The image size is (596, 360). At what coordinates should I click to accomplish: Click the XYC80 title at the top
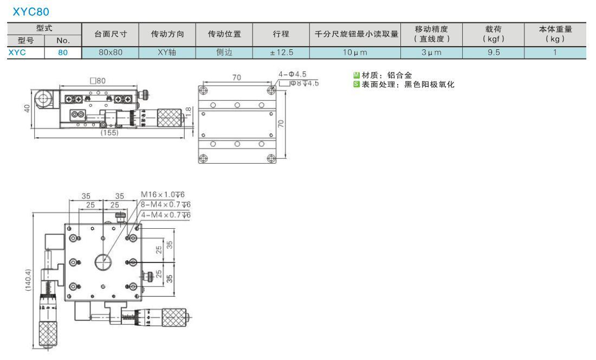pos(31,12)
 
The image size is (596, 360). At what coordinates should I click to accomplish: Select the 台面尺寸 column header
pos(110,34)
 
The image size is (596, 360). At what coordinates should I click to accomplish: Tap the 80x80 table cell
pos(110,53)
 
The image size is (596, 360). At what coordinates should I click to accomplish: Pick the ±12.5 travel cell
pos(281,53)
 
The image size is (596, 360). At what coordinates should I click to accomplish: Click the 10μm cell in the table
pos(355,53)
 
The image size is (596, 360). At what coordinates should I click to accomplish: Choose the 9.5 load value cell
pos(494,53)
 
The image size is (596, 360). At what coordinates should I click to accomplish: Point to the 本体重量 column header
pos(555,29)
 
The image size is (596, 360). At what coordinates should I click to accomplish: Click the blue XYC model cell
pos(17,53)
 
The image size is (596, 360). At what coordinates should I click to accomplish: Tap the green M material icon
pos(356,75)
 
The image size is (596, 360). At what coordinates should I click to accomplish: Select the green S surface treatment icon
pos(356,85)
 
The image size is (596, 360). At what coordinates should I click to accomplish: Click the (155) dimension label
pos(109,133)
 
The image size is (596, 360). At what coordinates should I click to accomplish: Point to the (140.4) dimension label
pos(28,280)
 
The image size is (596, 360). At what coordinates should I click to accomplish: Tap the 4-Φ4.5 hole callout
pos(292,74)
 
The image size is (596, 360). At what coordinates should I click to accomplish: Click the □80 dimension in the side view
pos(98,81)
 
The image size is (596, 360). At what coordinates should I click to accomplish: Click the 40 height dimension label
pos(27,108)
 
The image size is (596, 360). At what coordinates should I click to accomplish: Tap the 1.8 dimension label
pos(189,112)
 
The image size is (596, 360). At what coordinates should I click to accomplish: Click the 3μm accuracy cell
pos(431,53)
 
